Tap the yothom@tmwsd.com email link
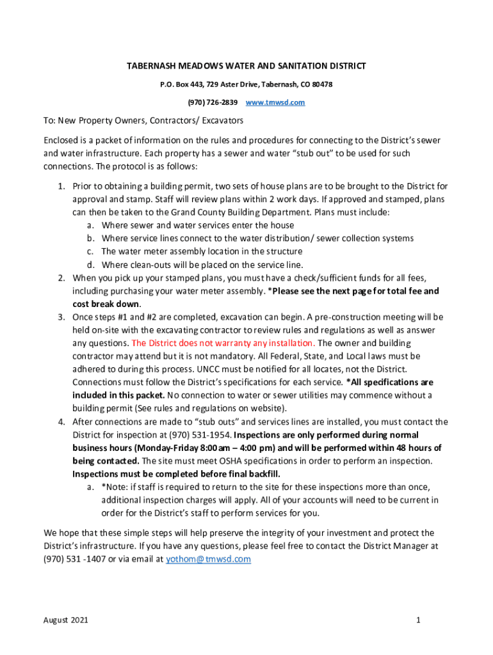(208, 559)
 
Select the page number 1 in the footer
(417, 620)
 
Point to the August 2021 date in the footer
(66, 620)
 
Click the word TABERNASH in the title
(149, 67)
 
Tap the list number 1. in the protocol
(61, 186)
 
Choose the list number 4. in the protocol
(61, 422)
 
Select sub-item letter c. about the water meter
(91, 251)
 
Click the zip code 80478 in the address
(321, 84)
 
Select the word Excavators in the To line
(218, 120)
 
